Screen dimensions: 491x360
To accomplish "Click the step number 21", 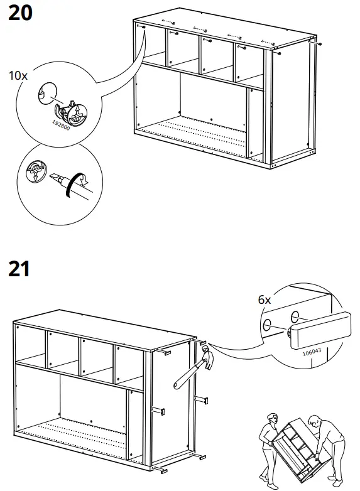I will [x=19, y=269].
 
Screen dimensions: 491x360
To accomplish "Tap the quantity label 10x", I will [x=18, y=76].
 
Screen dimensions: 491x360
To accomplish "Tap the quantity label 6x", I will [x=265, y=299].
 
